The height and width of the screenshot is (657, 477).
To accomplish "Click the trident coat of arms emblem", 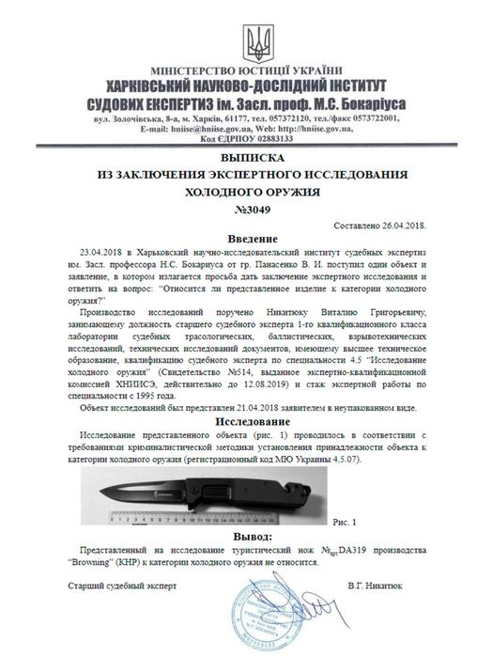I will (238, 39).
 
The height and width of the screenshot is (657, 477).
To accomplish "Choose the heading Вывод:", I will (239, 534).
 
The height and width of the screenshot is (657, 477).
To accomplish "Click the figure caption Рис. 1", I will (346, 518).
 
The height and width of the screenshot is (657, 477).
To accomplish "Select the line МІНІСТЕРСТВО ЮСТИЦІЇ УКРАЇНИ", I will (239, 70).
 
